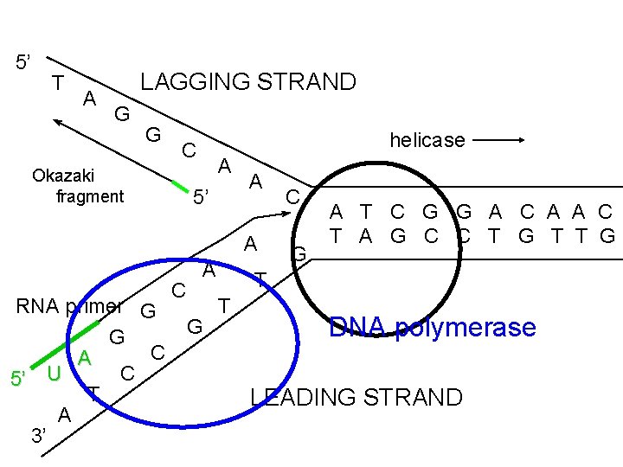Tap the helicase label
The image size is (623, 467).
[x=427, y=139]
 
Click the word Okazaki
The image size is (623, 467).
[x=63, y=176]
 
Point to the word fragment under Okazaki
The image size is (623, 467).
[x=90, y=196]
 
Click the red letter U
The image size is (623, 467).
[x=54, y=374]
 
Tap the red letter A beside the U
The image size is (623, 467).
[x=85, y=358]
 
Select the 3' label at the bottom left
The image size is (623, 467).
[x=39, y=435]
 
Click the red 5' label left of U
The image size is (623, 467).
[x=19, y=378]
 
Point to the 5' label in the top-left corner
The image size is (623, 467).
[x=24, y=62]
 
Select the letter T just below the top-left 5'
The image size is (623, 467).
[x=57, y=83]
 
